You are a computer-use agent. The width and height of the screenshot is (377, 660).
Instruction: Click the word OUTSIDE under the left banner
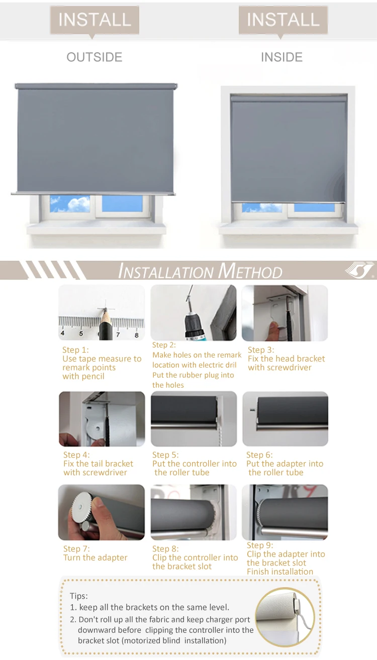[x=95, y=57]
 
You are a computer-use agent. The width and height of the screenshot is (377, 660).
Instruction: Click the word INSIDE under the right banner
[x=281, y=57]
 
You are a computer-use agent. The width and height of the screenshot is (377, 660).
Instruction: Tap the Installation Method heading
[x=200, y=272]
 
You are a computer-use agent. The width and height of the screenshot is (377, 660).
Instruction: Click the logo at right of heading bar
[x=360, y=270]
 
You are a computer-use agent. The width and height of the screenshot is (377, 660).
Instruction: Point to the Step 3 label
[x=261, y=350]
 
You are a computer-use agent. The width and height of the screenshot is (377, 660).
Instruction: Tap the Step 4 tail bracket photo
[x=102, y=419]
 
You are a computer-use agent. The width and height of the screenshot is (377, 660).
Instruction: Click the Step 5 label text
[x=165, y=455]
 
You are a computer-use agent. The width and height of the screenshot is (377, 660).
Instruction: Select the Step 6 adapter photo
[x=285, y=419]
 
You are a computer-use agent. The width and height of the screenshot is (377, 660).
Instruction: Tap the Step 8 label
[x=165, y=548]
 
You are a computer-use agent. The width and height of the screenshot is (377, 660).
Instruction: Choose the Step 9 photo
[x=285, y=512]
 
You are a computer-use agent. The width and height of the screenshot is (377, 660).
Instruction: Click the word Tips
[x=78, y=596]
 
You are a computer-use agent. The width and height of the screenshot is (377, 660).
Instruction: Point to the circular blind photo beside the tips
[x=285, y=617]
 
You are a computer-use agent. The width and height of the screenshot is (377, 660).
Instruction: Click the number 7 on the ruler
[x=118, y=334]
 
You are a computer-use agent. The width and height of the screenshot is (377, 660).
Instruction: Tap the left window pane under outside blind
[x=70, y=203]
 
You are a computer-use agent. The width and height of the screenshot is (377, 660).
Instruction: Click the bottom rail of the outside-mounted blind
[x=93, y=193]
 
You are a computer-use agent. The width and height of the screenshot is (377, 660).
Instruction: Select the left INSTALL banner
[x=95, y=20]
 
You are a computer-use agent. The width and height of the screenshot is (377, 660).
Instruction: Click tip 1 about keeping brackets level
[x=150, y=607]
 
